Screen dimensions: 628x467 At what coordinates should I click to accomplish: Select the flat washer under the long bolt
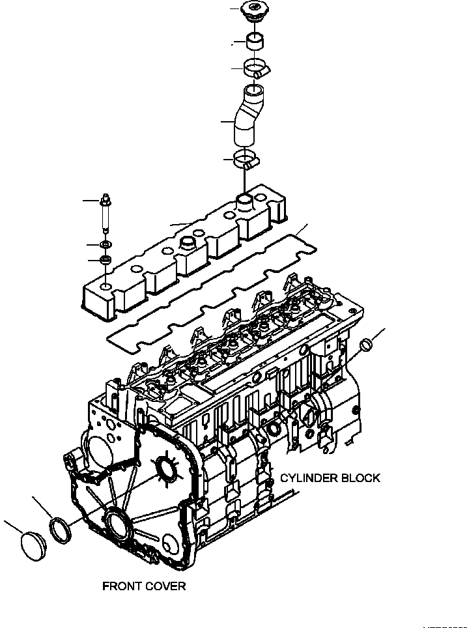[x=104, y=244]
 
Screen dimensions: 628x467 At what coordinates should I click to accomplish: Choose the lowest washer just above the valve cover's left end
[x=104, y=261]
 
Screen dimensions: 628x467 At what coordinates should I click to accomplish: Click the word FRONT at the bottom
[x=122, y=586]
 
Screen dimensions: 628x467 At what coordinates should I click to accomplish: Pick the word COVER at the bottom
[x=165, y=586]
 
